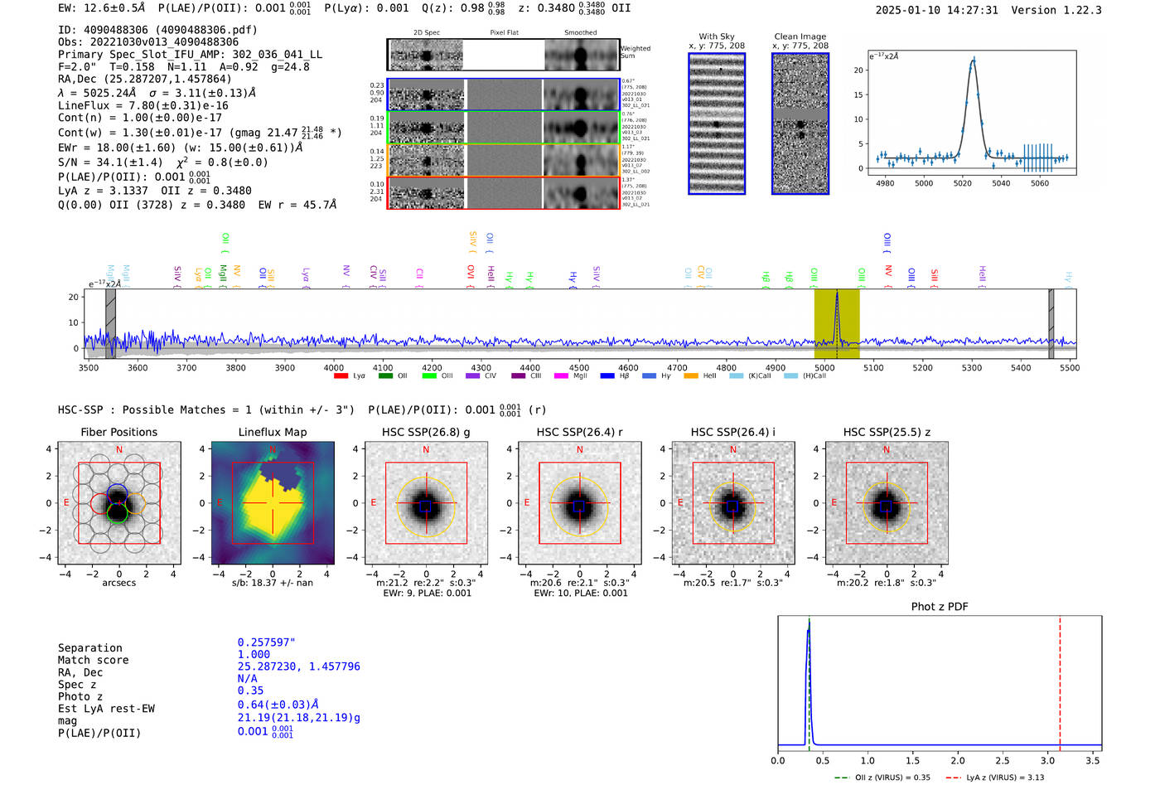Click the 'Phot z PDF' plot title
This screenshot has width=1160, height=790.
click(x=940, y=607)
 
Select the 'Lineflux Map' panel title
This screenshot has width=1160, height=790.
click(x=273, y=432)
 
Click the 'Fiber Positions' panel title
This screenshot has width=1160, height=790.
click(x=118, y=432)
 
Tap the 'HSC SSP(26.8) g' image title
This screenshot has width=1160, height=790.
click(x=426, y=432)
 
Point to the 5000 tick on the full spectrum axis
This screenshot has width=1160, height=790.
click(x=824, y=368)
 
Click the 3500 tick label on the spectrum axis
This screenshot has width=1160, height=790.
click(x=89, y=368)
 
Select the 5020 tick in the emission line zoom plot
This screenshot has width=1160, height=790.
click(x=962, y=183)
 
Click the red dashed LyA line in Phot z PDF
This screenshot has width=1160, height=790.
click(x=1060, y=680)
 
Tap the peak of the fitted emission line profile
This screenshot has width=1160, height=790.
click(x=973, y=61)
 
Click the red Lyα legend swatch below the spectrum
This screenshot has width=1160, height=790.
click(x=341, y=376)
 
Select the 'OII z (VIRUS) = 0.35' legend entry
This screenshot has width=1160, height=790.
click(x=882, y=778)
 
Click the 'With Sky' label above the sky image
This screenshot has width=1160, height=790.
click(x=717, y=36)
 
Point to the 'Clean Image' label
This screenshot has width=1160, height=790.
click(x=800, y=36)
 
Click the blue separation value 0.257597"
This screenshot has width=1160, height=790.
click(x=266, y=642)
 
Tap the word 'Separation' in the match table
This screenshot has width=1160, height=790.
click(x=89, y=648)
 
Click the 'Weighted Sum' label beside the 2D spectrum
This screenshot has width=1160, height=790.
click(x=636, y=52)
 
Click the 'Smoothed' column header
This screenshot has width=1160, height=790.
click(x=580, y=33)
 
